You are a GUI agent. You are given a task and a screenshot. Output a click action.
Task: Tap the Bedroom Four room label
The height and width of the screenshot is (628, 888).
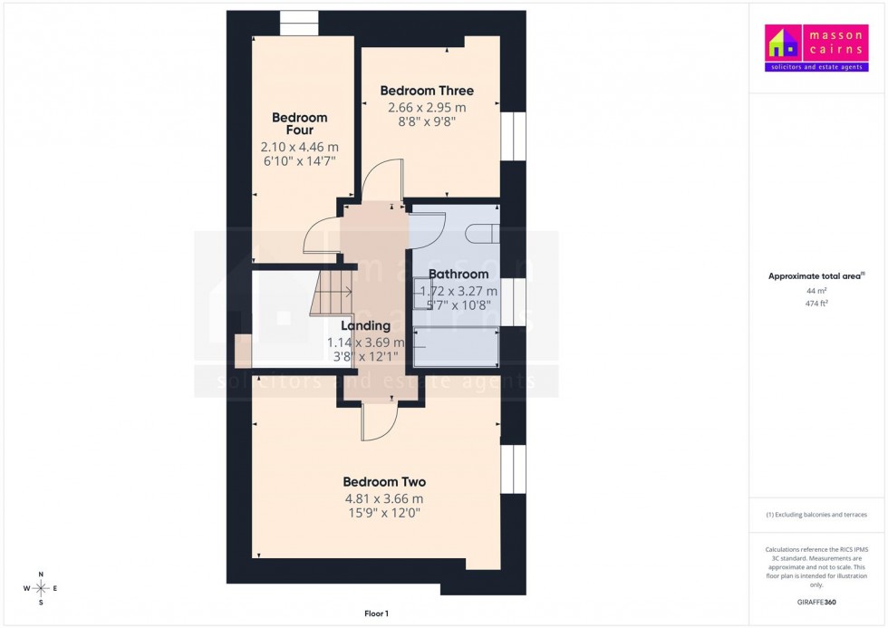[299, 124]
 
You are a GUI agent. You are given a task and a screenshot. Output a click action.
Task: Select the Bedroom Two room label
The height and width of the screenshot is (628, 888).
[384, 482]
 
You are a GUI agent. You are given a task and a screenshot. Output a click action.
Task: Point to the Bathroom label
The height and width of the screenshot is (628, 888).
[458, 275]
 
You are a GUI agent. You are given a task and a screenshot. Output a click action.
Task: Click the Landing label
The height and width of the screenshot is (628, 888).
[365, 326]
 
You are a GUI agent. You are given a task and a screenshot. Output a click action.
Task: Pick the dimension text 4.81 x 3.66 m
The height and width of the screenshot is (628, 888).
[384, 498]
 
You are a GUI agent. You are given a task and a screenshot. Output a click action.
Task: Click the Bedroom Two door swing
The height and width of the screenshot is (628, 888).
[379, 421]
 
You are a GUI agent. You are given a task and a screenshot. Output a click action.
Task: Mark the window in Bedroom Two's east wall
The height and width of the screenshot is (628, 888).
[514, 469]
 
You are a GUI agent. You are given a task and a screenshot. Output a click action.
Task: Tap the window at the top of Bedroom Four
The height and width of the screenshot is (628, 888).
[298, 24]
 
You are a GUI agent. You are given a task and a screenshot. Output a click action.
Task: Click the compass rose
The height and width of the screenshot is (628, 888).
[41, 588]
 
